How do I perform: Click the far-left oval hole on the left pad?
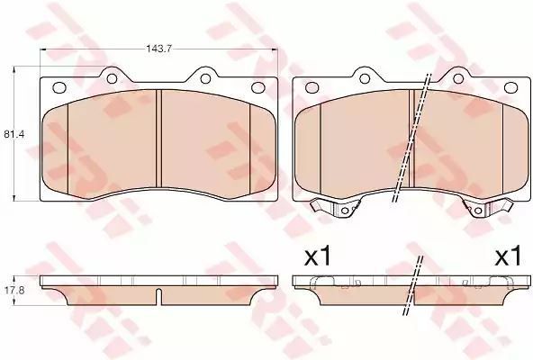pos(59,87)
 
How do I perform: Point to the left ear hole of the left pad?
pos(112,78)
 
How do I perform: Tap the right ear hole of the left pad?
pos(205,78)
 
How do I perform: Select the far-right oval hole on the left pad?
pos(257,87)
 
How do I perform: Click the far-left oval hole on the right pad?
pos(312,87)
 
